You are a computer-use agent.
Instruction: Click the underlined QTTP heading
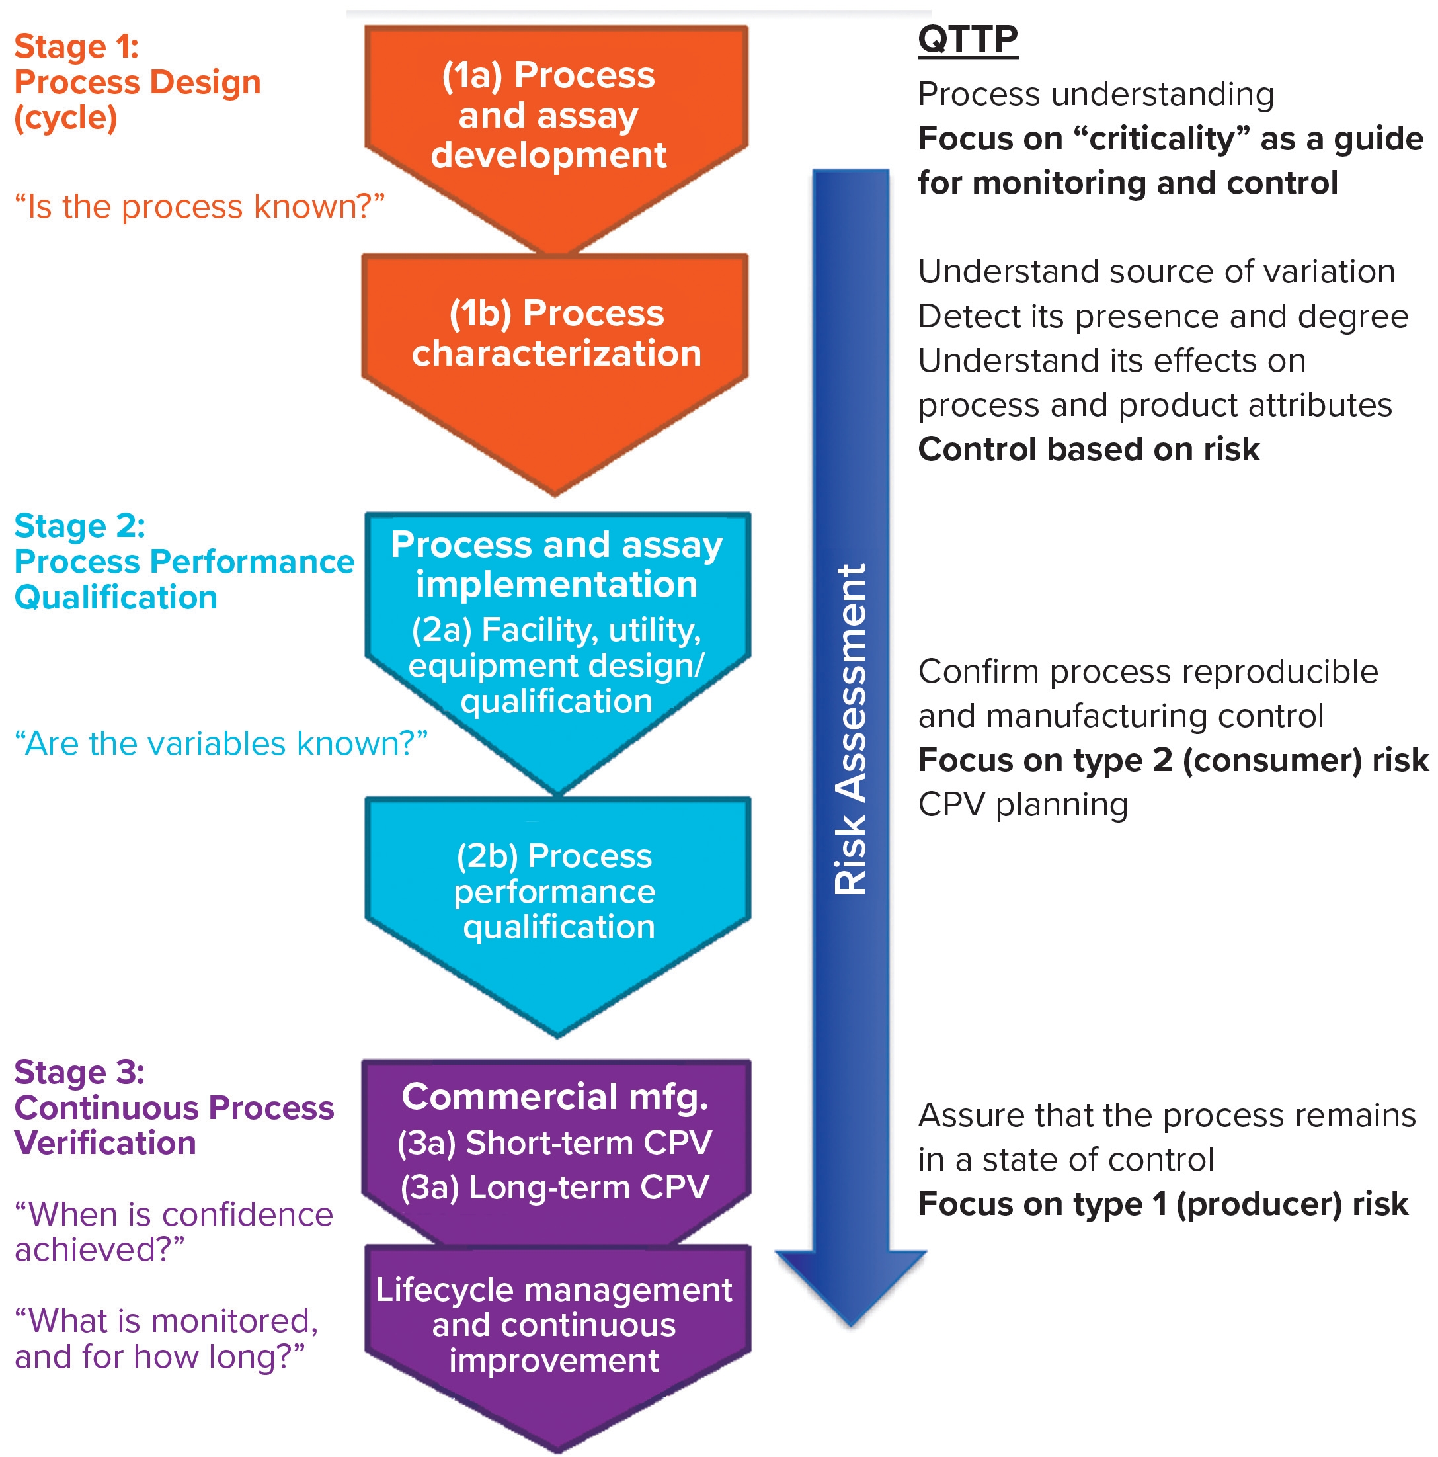pos(967,38)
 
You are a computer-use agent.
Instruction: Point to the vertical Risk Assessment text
pos(852,729)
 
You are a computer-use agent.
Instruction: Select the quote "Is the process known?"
pos(199,206)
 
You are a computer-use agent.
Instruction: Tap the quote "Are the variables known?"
pos(220,743)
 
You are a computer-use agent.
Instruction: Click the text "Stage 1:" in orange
pos(76,47)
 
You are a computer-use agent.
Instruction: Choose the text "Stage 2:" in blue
pos(79,526)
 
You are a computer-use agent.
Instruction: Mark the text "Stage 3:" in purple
pos(79,1072)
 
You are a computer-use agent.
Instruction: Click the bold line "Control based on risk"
pos(1088,450)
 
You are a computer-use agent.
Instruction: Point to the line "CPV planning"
pos(1023,805)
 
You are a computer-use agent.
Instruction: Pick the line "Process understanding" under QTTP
pos(1096,95)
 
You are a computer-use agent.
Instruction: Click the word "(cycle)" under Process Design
pos(65,118)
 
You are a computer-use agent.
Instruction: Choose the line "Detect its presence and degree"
pos(1163,317)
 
